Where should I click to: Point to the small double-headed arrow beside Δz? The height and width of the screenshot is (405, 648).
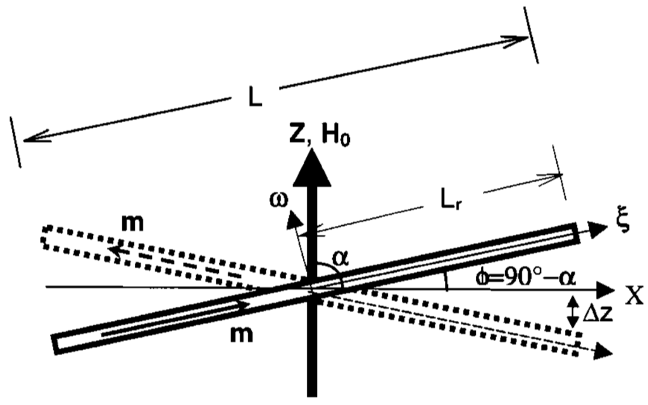tap(573, 312)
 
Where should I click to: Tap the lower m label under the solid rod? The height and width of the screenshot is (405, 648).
tap(242, 333)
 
